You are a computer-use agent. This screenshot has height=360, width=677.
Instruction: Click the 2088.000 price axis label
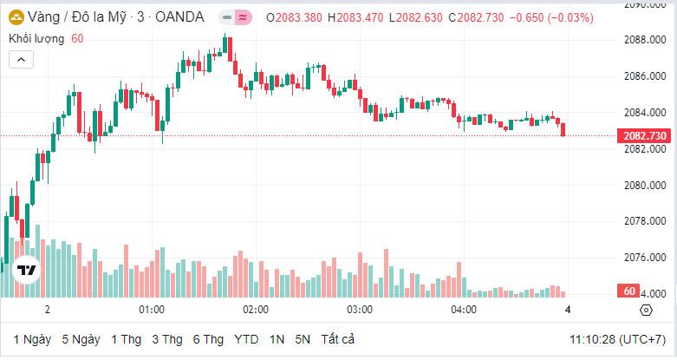(x=644, y=40)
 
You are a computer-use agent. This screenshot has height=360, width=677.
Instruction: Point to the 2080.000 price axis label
(x=644, y=186)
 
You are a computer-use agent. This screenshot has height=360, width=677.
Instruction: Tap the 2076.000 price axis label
(x=644, y=258)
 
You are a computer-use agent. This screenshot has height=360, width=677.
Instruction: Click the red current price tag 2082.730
(x=644, y=136)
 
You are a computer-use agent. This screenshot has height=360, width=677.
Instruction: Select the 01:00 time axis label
(x=152, y=310)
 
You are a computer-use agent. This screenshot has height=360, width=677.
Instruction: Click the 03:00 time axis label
(x=360, y=310)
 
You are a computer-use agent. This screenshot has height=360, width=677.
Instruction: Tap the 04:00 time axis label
(x=464, y=310)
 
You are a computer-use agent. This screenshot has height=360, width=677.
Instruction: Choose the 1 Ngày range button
(x=32, y=338)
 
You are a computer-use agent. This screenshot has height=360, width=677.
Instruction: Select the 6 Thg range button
(x=209, y=338)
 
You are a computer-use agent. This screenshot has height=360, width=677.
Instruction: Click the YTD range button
(x=246, y=338)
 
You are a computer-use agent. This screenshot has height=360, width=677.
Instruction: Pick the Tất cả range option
(x=337, y=338)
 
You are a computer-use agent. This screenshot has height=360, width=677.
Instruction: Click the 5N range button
(x=303, y=338)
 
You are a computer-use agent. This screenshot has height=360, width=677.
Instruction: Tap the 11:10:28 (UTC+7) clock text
(x=617, y=338)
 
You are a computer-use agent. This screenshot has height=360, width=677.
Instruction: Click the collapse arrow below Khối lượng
(x=22, y=59)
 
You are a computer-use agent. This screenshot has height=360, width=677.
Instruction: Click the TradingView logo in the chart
(x=26, y=270)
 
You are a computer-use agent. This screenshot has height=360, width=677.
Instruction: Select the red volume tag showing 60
(x=630, y=291)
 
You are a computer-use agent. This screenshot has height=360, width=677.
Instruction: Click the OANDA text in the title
(x=179, y=17)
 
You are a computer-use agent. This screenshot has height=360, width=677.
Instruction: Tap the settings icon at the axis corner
(x=646, y=310)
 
